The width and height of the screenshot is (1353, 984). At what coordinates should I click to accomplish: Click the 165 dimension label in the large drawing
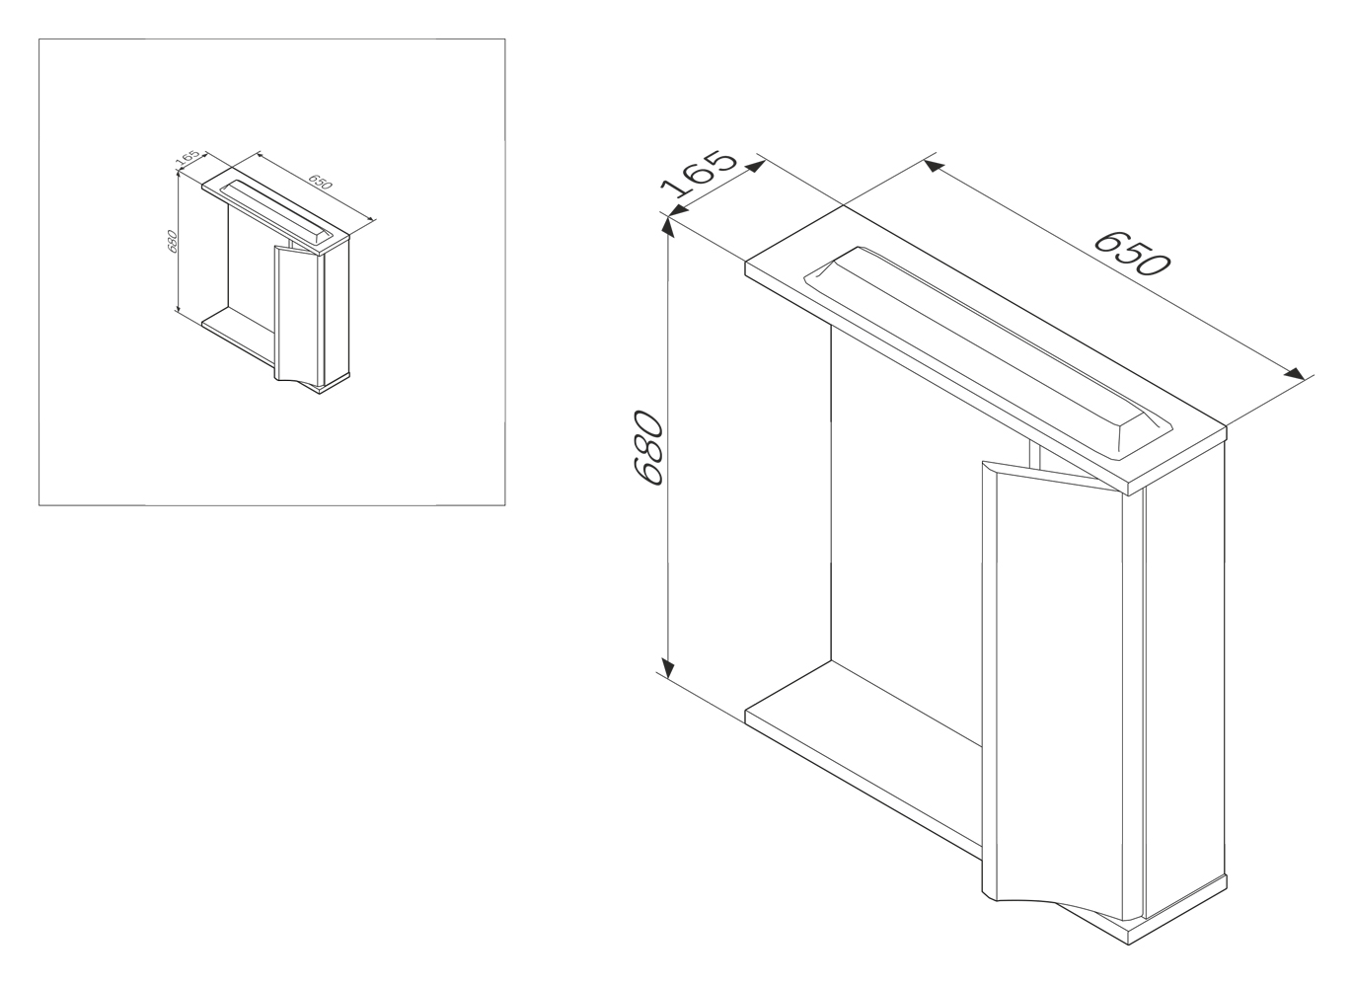tap(699, 174)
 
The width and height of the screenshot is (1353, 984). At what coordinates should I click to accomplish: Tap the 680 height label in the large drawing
tap(648, 448)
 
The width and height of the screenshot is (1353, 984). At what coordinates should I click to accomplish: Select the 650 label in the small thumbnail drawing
tap(320, 182)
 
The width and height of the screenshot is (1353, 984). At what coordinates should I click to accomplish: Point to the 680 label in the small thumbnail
tap(172, 241)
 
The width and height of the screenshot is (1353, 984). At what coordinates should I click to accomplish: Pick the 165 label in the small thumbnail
tap(188, 157)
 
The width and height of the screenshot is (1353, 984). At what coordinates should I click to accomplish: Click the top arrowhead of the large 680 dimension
tap(667, 227)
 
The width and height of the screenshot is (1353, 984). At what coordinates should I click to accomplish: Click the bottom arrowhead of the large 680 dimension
tap(667, 667)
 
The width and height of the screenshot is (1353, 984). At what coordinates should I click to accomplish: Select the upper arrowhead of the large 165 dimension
tap(756, 166)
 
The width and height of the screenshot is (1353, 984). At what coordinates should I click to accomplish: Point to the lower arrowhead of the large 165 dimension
tap(679, 211)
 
